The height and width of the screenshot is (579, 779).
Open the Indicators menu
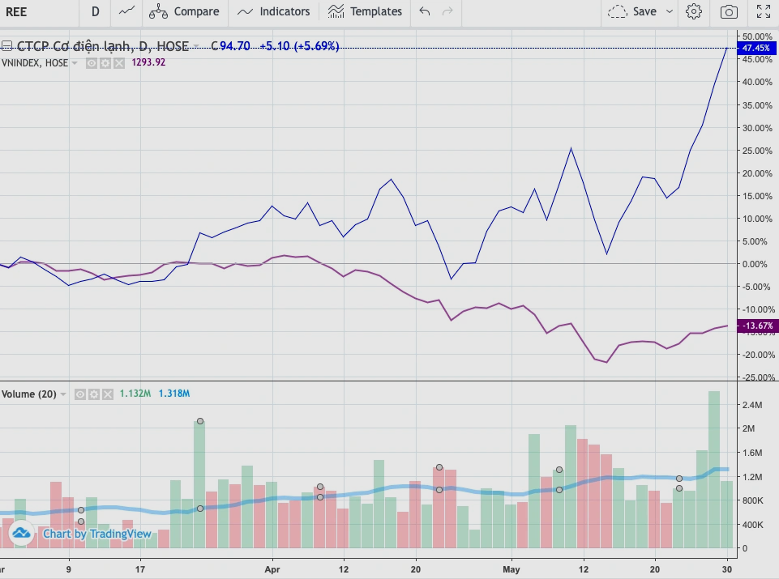tap(273, 11)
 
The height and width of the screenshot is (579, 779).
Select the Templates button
tap(365, 11)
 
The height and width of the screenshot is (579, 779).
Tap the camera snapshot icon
tap(729, 11)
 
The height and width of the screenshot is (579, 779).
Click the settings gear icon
tap(693, 11)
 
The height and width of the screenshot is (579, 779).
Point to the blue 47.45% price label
tap(755, 48)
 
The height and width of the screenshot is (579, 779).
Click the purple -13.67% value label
tap(755, 326)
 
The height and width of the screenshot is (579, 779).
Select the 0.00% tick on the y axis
tap(755, 264)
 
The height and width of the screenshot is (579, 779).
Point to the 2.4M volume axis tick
tap(753, 405)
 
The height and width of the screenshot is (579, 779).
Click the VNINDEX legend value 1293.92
tap(148, 62)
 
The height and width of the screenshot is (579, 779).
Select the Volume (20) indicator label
tap(29, 394)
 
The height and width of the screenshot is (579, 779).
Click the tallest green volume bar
tap(714, 470)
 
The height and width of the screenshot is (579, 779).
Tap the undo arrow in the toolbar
tap(424, 11)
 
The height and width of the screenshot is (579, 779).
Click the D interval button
tap(96, 11)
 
